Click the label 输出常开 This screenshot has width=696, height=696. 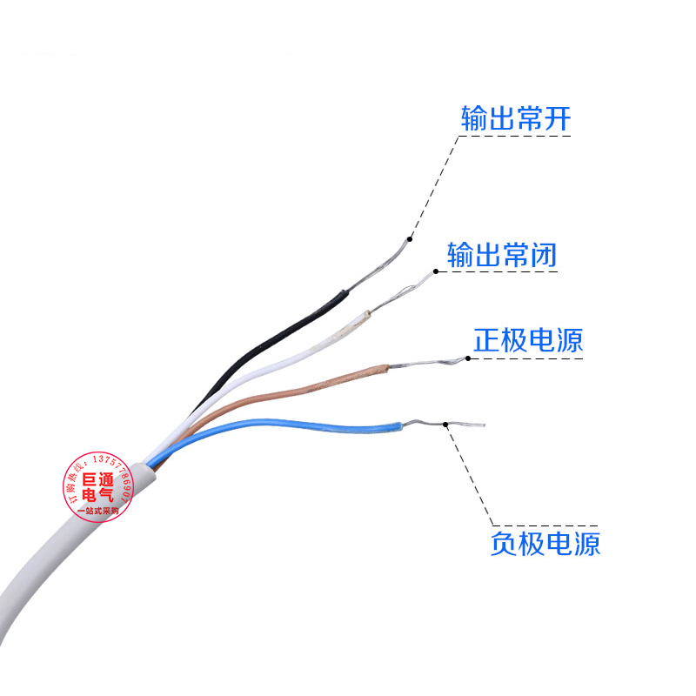click(515, 118)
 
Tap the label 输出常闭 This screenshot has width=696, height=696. click(502, 255)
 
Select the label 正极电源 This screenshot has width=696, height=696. click(528, 340)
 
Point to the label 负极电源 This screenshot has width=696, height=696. click(545, 544)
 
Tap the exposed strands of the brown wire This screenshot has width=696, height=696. click(426, 361)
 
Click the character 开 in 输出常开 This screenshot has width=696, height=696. click(557, 118)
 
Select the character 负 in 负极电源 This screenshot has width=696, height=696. click(504, 544)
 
